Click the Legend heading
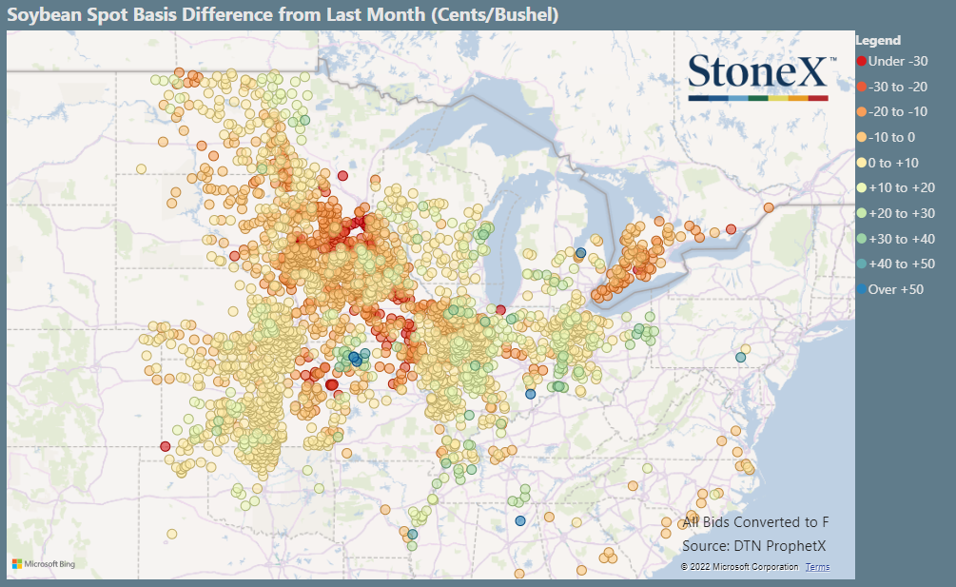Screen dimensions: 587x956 tap(878, 40)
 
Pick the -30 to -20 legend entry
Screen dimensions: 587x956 tap(899, 87)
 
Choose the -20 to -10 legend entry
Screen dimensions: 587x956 tap(899, 111)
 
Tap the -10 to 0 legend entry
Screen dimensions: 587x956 tap(892, 137)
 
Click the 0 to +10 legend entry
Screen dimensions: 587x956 tap(892, 163)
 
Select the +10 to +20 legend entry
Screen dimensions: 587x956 tap(900, 187)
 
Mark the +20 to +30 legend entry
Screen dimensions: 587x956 tap(900, 213)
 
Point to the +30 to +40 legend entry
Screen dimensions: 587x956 tap(900, 239)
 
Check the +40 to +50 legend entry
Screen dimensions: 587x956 tap(900, 264)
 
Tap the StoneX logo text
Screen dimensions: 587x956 tap(758, 72)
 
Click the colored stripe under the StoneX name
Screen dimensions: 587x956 tap(758, 97)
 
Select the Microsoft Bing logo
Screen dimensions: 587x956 tap(44, 564)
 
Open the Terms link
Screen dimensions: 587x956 tap(817, 567)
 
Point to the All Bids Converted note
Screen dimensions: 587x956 tap(755, 522)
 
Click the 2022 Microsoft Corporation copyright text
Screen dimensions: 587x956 tap(739, 567)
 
